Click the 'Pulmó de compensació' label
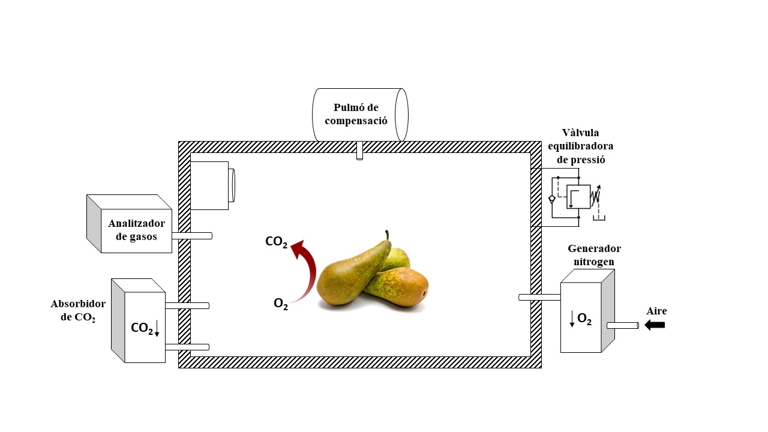[x=356, y=114]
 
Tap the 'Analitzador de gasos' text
[x=136, y=230]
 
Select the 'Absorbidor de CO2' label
[x=78, y=311]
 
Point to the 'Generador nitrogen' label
[x=594, y=255]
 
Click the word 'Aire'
[x=656, y=311]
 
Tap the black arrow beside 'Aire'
[x=655, y=325]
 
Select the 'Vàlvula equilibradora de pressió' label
[x=580, y=146]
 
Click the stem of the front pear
[x=388, y=235]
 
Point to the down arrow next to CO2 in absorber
[x=157, y=328]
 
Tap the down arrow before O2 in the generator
[x=572, y=319]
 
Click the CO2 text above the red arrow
[x=276, y=242]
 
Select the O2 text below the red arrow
[x=281, y=304]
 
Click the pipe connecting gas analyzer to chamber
[x=192, y=236]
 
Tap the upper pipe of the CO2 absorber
[x=187, y=306]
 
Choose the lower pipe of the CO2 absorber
[x=187, y=347]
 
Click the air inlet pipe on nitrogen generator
[x=623, y=325]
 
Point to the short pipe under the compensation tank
[x=359, y=151]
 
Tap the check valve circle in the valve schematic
[x=552, y=199]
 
